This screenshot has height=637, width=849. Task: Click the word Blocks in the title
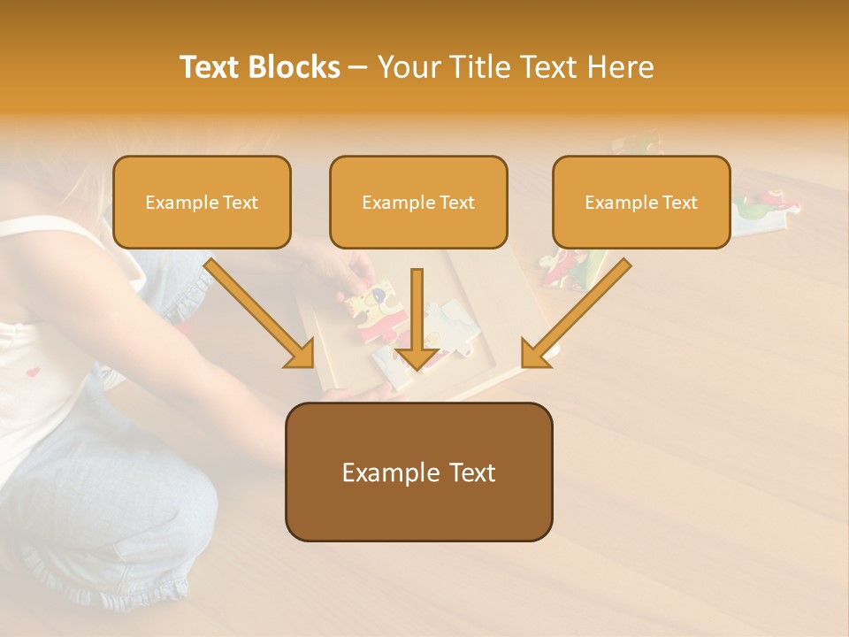pyautogui.click(x=296, y=67)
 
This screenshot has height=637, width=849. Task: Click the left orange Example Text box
pyautogui.click(x=202, y=202)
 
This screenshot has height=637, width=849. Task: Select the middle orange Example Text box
pyautogui.click(x=418, y=202)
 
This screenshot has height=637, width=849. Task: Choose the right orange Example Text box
pyautogui.click(x=641, y=202)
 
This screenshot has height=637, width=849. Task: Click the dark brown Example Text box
pyautogui.click(x=418, y=472)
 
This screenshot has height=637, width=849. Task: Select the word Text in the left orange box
pyautogui.click(x=241, y=203)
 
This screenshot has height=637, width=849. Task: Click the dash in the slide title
pyautogui.click(x=358, y=68)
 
